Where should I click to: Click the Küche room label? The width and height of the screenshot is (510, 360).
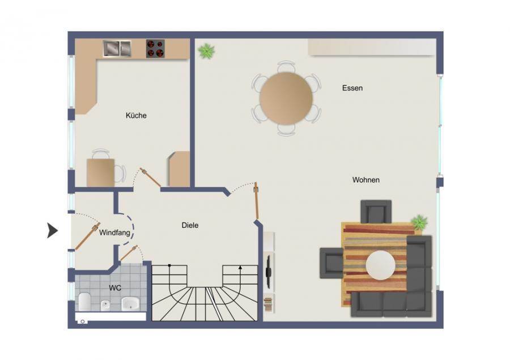(x=136, y=115)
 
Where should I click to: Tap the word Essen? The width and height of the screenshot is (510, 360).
(x=352, y=88)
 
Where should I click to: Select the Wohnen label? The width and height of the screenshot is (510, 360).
(x=366, y=180)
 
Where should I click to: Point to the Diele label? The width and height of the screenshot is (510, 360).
(x=190, y=225)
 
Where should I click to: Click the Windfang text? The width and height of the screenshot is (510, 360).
(x=114, y=233)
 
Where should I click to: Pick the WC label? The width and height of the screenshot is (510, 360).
(x=115, y=288)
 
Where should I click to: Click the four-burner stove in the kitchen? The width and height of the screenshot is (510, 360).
(x=155, y=49)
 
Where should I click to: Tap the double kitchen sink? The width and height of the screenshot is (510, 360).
(x=117, y=49)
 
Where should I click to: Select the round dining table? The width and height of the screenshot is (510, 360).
(x=286, y=98)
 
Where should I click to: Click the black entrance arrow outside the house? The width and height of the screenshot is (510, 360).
(x=52, y=230)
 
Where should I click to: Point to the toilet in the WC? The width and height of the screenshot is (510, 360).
(x=84, y=301)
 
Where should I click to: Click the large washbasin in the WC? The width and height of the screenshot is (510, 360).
(x=130, y=303)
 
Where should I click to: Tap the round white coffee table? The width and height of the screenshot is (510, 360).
(x=381, y=265)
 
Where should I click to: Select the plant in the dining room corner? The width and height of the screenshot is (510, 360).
(x=206, y=51)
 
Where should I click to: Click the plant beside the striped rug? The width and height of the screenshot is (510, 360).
(x=419, y=222)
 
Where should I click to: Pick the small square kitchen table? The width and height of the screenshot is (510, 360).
(x=100, y=172)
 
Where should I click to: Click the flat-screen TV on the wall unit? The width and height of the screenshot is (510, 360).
(x=269, y=271)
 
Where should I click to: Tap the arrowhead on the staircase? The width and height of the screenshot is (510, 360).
(x=240, y=268)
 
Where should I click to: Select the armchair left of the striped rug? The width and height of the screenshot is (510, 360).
(x=331, y=263)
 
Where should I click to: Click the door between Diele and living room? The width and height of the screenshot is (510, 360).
(x=257, y=201)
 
